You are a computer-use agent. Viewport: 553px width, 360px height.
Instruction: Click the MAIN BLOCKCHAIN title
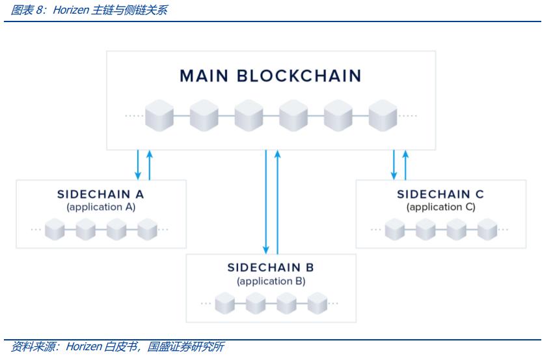point(270,76)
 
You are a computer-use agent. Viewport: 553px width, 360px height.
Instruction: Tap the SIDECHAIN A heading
point(100,195)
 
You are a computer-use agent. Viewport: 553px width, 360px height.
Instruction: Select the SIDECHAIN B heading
point(271,268)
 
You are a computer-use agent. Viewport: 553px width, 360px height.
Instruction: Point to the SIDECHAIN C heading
point(440,195)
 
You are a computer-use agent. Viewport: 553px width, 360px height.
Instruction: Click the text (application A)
point(100,208)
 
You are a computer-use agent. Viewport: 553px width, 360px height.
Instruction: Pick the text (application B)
point(271,281)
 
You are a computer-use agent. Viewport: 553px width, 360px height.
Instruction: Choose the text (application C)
point(440,208)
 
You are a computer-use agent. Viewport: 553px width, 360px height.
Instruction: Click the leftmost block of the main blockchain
point(159,116)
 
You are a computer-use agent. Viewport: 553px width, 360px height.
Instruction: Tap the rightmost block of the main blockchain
point(383,116)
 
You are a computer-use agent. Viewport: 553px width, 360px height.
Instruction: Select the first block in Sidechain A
point(55,229)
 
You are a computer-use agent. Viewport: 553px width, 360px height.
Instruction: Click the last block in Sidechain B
point(317,303)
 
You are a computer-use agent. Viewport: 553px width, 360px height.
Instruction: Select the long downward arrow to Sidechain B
point(266,201)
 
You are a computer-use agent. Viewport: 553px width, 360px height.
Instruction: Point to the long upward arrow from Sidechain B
point(278,201)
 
